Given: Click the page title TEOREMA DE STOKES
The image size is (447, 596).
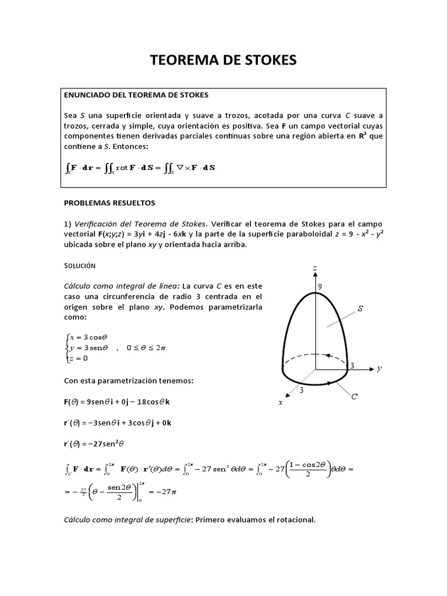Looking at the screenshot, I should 223,60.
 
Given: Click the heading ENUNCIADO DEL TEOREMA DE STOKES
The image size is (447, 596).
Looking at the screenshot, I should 136,94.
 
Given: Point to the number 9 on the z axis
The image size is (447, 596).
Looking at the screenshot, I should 319,286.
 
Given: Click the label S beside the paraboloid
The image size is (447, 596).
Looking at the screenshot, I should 360,309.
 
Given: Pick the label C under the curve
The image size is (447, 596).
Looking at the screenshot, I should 354,396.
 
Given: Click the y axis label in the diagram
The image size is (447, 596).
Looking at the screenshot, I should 379,368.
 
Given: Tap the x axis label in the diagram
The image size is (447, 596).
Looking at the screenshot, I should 280,402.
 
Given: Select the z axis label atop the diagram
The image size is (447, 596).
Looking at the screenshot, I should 314,268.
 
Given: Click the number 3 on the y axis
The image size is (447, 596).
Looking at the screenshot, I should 351,365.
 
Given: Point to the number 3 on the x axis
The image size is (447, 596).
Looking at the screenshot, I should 301,390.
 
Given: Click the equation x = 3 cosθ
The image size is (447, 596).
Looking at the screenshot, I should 88,336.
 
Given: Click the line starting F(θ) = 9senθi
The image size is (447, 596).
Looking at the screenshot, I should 120,402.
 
